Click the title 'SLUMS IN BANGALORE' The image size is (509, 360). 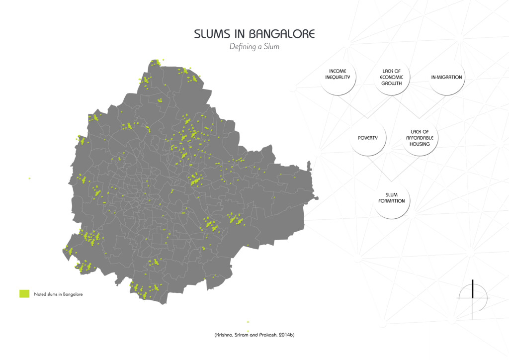(x=254, y=34)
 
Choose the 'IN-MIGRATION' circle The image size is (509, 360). (x=446, y=77)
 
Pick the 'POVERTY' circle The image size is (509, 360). (x=368, y=138)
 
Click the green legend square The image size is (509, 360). (x=24, y=294)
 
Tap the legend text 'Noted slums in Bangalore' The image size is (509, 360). (x=58, y=294)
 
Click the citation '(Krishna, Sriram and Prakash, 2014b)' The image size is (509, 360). (x=254, y=335)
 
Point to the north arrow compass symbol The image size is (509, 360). (x=473, y=297)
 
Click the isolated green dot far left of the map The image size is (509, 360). (x=30, y=178)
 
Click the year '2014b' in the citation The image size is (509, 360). (x=286, y=335)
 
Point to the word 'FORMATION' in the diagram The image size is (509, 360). (x=392, y=201)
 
